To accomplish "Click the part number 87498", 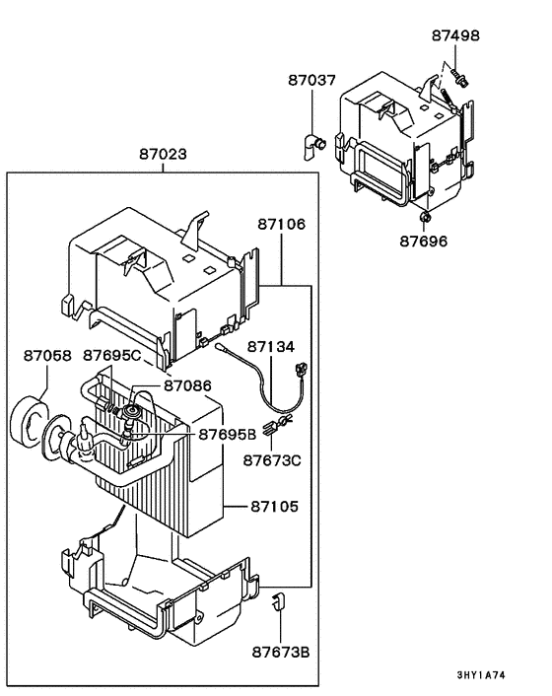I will [x=455, y=35].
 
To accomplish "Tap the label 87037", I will [x=312, y=80].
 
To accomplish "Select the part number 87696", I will [x=424, y=240].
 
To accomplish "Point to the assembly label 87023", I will [x=163, y=155].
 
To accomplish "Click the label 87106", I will [x=282, y=225].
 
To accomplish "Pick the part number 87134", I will [x=271, y=347].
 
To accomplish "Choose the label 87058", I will [x=47, y=355].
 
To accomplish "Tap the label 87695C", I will [x=111, y=355].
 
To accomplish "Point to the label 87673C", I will [x=272, y=459].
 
